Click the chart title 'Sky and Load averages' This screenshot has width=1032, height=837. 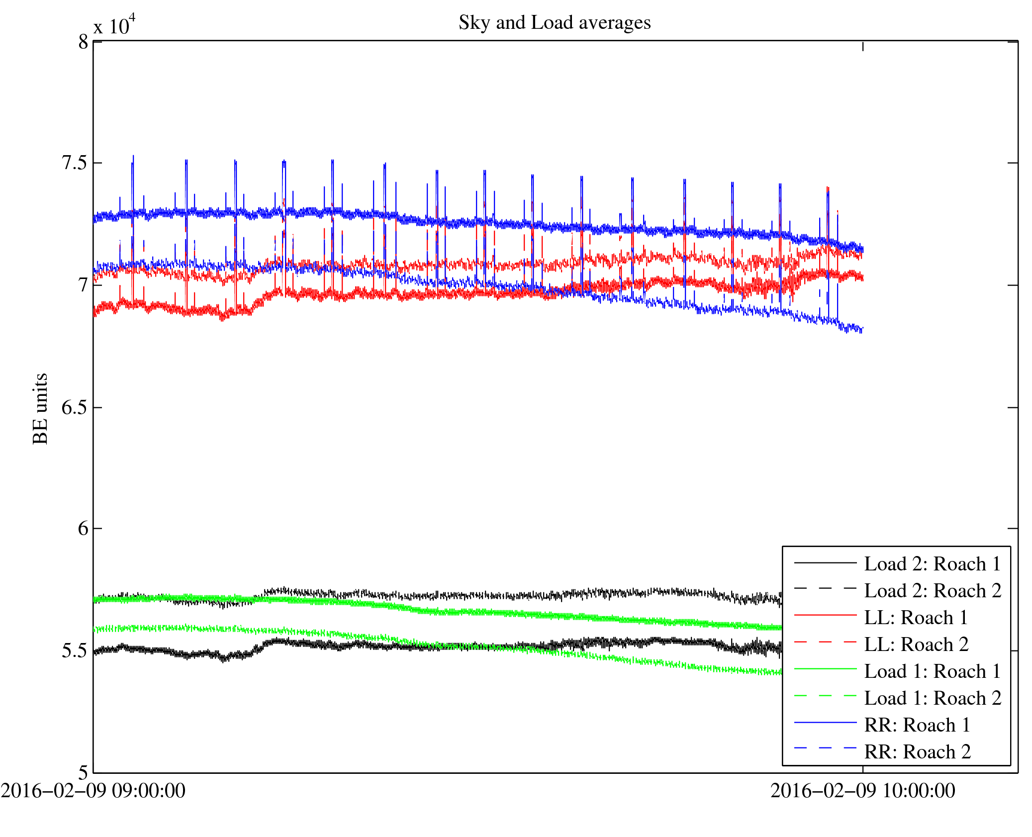click(555, 23)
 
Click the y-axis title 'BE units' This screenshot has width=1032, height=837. click(40, 408)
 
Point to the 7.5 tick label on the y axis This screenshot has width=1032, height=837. click(74, 163)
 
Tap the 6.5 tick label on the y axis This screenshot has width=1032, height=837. click(74, 407)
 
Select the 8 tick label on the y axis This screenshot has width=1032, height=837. click(83, 42)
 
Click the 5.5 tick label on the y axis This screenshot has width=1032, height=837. click(74, 651)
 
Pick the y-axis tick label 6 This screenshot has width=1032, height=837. click(83, 529)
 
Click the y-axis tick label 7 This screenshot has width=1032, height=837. click(83, 285)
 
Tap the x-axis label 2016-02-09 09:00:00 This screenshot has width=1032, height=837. click(93, 791)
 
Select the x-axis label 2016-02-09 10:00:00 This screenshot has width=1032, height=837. click(863, 791)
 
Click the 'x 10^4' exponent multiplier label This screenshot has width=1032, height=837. click(114, 25)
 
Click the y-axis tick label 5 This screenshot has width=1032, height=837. click(83, 772)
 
